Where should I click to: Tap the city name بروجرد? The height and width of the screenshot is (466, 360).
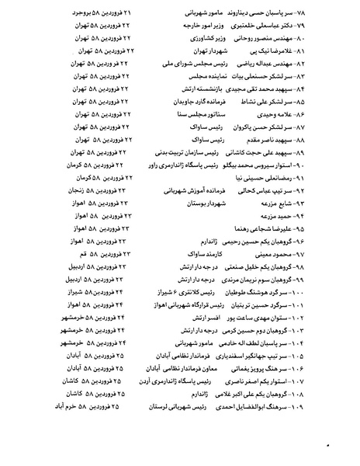(77, 13)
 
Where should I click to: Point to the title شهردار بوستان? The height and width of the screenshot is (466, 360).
(206, 202)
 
